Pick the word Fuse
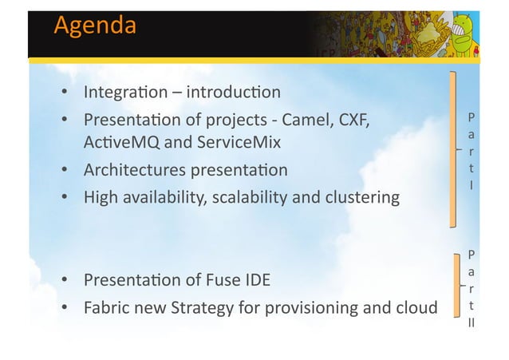click(219, 280)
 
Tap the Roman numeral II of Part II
click(472, 325)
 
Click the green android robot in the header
click(472, 32)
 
